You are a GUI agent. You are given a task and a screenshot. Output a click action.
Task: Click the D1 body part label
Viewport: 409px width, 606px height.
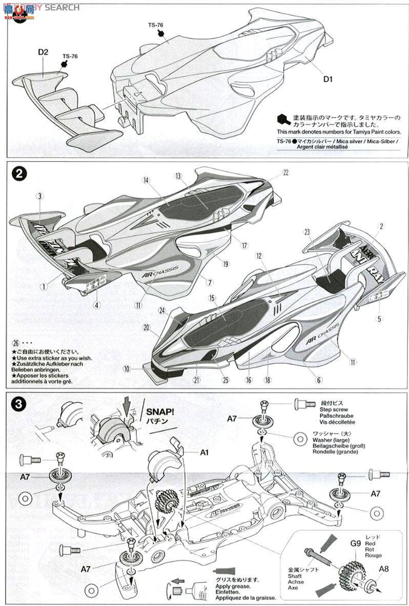[x=328, y=79]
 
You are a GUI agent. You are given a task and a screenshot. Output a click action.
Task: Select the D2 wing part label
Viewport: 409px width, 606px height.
[x=43, y=52]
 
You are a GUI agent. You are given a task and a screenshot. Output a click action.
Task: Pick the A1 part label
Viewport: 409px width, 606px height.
[x=204, y=453]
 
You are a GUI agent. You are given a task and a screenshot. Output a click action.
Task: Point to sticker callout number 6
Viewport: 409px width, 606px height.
[x=319, y=380]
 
